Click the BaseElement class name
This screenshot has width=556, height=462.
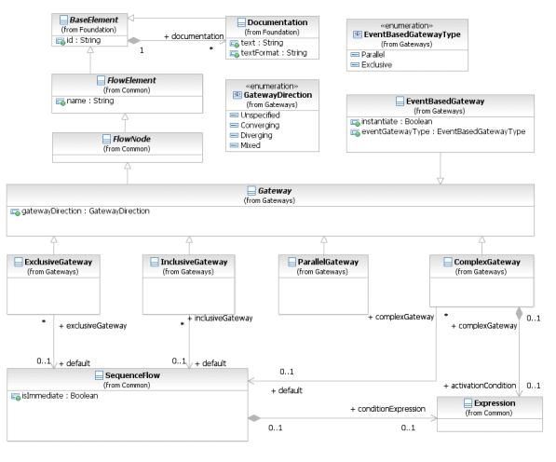click(x=94, y=20)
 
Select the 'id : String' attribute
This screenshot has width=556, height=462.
click(x=83, y=40)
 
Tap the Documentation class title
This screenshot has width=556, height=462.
click(x=278, y=22)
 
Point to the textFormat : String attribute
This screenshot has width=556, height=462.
click(x=274, y=53)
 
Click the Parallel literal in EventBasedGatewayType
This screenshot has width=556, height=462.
click(x=373, y=55)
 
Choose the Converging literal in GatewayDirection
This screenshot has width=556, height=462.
click(x=260, y=125)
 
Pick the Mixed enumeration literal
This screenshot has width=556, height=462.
click(x=251, y=145)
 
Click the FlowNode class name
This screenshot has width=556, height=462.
click(x=131, y=139)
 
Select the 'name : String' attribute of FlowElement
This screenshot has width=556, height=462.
click(x=90, y=101)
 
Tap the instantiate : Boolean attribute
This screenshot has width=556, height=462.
click(x=397, y=122)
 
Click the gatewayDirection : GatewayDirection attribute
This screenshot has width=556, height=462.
click(x=86, y=211)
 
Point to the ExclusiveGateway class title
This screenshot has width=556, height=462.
click(x=58, y=262)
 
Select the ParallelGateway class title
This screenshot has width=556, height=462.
click(x=328, y=262)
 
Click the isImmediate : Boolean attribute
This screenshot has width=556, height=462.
click(x=60, y=396)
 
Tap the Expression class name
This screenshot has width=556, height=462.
click(x=495, y=403)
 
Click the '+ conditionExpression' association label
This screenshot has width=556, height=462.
click(x=388, y=409)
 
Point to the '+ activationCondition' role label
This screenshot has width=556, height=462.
click(x=480, y=386)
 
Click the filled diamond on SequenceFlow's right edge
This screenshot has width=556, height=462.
click(x=254, y=418)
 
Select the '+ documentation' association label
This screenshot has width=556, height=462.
click(x=194, y=36)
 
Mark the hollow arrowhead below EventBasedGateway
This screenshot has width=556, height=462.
click(x=441, y=181)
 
